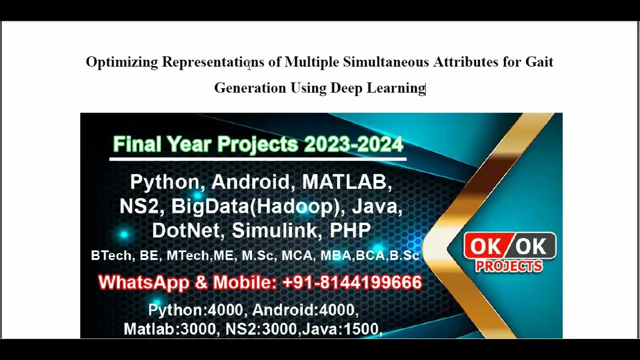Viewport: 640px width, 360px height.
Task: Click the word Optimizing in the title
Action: [121, 62]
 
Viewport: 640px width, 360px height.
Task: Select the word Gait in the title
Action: [539, 62]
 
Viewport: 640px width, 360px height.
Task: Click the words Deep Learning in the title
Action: [377, 88]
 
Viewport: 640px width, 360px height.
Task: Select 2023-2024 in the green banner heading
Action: [353, 144]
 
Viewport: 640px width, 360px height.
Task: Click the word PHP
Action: [350, 230]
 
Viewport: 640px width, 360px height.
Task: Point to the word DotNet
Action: [188, 230]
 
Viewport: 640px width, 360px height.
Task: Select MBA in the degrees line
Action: [336, 255]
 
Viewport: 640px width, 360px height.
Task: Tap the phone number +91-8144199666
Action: [352, 282]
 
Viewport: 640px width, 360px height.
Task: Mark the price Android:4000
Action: [305, 310]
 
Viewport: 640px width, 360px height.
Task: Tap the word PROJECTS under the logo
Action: [508, 266]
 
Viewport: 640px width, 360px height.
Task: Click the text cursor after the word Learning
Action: [425, 88]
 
